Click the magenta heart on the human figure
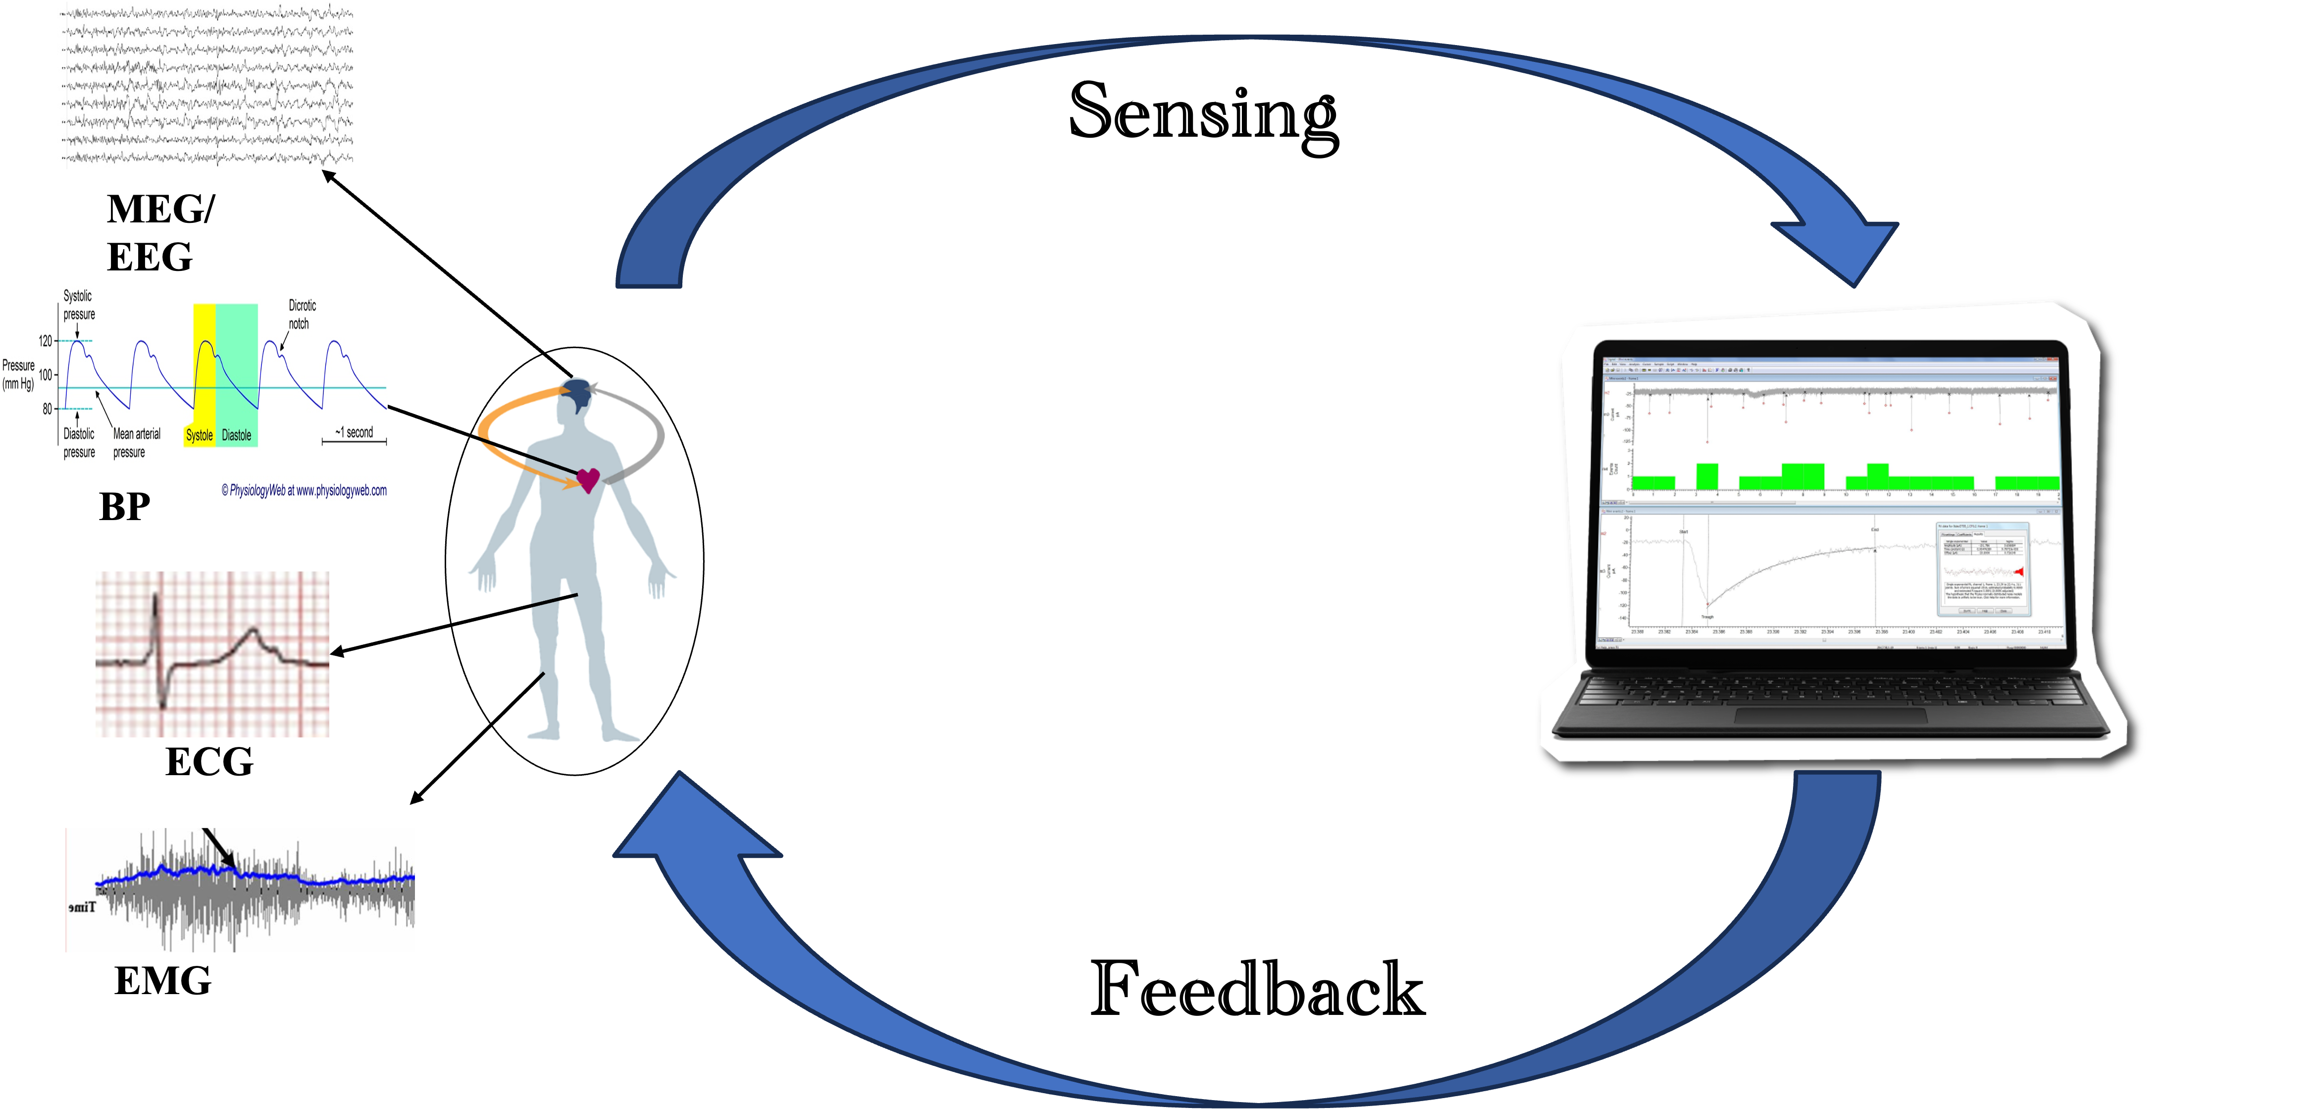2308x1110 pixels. pyautogui.click(x=588, y=480)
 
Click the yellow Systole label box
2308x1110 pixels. pyautogui.click(x=199, y=435)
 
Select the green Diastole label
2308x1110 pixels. pyautogui.click(x=237, y=435)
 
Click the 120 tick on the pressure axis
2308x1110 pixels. pyautogui.click(x=45, y=340)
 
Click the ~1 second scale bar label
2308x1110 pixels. pyautogui.click(x=355, y=432)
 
